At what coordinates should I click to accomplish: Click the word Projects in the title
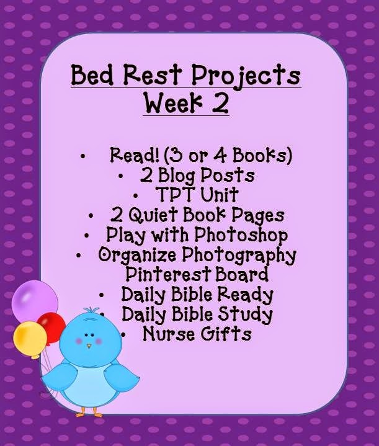coord(246,76)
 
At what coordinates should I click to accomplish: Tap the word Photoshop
coord(241,236)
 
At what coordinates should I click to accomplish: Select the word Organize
coord(137,255)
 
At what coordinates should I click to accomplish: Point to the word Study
coord(245,314)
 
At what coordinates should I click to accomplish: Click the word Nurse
coord(169,334)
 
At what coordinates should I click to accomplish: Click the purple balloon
coord(34,301)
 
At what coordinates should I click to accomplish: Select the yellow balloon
coord(30,340)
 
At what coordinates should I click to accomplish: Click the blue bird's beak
coord(89,346)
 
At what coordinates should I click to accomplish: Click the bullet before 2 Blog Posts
coord(120,176)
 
